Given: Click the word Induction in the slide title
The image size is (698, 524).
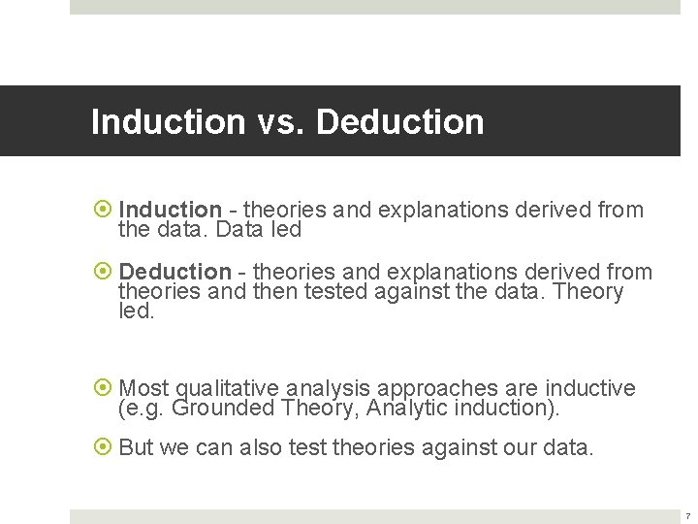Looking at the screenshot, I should (168, 122).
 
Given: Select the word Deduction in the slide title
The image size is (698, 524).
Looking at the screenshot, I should (400, 122).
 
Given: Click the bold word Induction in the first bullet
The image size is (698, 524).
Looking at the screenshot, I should (170, 210).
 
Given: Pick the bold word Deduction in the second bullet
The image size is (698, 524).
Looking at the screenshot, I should (174, 272).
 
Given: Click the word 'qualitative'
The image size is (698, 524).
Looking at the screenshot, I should (227, 389).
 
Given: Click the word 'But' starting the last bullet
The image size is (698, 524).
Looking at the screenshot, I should (138, 448).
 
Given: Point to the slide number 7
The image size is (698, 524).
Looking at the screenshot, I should (687, 516).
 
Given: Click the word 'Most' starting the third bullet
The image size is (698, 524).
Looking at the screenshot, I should (143, 389).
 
